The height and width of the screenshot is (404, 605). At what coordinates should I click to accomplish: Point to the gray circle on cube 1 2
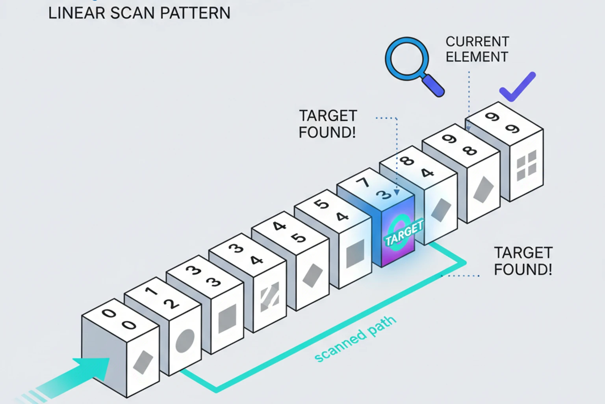pyautogui.click(x=185, y=340)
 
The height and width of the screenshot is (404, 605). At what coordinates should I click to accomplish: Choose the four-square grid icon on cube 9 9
pyautogui.click(x=527, y=166)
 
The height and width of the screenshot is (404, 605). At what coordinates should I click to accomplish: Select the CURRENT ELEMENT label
pyautogui.click(x=477, y=49)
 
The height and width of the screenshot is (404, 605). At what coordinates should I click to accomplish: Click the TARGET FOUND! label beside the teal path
pyautogui.click(x=523, y=261)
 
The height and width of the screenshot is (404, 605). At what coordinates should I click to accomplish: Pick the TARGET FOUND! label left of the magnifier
pyautogui.click(x=328, y=124)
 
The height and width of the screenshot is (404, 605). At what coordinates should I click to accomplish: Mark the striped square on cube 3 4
pyautogui.click(x=270, y=297)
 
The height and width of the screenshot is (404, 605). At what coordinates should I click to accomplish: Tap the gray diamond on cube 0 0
pyautogui.click(x=143, y=362)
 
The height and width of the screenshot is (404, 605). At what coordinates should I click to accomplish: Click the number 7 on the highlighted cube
pyautogui.click(x=364, y=182)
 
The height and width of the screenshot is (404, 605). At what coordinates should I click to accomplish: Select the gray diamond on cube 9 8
pyautogui.click(x=483, y=190)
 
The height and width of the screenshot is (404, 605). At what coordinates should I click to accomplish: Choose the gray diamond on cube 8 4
pyautogui.click(x=441, y=210)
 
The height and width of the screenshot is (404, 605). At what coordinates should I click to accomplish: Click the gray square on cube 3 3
pyautogui.click(x=227, y=318)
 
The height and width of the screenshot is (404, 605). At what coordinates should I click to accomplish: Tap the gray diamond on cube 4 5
pyautogui.click(x=312, y=275)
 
